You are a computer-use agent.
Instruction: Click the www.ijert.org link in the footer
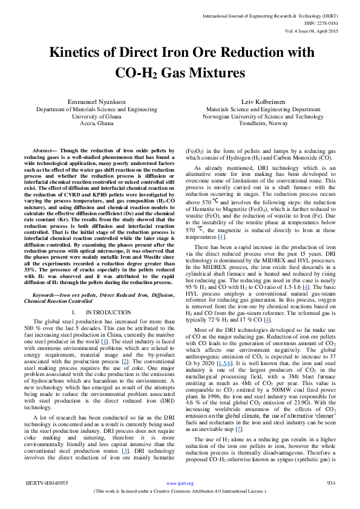tap(180, 484)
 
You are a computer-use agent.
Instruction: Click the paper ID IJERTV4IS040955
tap(46, 484)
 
